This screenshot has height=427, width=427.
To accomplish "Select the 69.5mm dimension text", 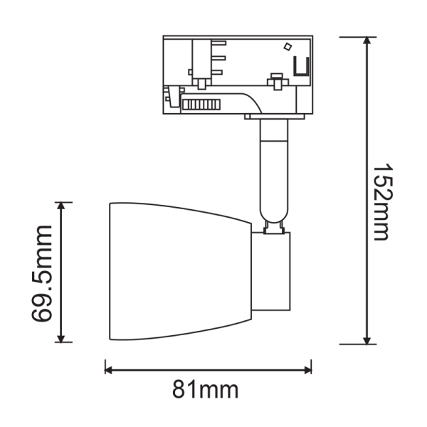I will pos(44,273).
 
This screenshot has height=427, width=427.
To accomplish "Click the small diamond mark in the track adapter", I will pos(287,48).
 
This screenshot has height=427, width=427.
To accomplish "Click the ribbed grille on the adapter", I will pos(201,105).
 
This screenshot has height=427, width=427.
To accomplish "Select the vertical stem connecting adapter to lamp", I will pos(273,171).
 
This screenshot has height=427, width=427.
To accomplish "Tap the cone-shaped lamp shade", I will pos(178,270).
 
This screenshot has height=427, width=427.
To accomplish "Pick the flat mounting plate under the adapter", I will pos(278,115).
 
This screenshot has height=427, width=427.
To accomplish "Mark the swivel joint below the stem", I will pos(273,227).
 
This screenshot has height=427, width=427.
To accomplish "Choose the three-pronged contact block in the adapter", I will pos(213,60).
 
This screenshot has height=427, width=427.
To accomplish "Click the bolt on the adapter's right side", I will pos(274,79).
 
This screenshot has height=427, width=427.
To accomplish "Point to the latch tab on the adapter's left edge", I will pos(171,96).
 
